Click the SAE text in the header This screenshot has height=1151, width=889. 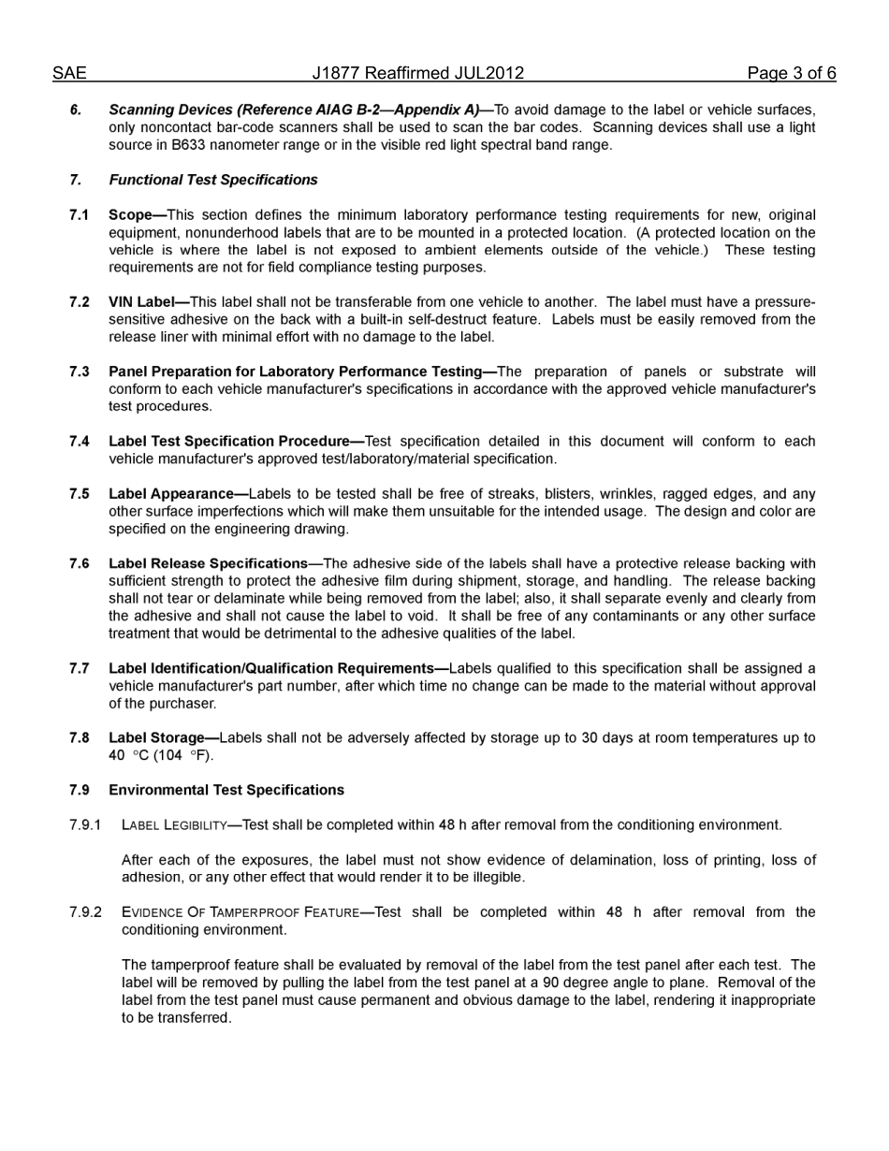69,73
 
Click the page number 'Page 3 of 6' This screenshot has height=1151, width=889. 791,73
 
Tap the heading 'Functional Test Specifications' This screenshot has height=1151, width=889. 212,180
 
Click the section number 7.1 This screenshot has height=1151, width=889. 79,215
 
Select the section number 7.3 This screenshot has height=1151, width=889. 79,372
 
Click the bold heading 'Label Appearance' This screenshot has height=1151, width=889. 171,494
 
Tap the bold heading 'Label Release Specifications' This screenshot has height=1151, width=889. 208,563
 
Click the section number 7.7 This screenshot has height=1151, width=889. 79,668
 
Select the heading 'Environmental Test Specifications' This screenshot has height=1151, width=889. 226,790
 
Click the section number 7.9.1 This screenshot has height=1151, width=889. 84,825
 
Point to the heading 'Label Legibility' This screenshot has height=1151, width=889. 174,825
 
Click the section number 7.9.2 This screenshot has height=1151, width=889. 84,912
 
